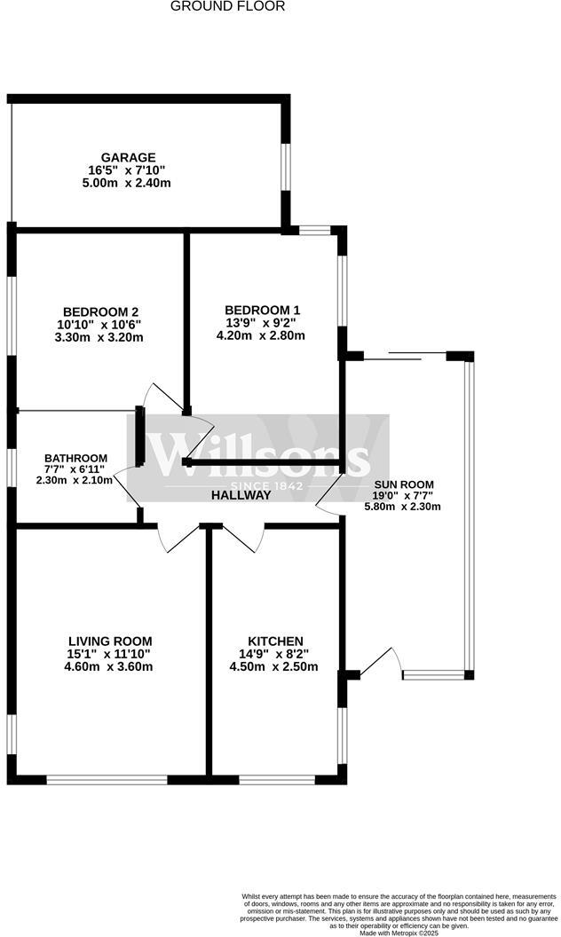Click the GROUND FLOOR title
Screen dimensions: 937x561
(x=228, y=6)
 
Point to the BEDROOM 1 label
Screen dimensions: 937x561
(x=263, y=310)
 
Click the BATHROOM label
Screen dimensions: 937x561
(x=76, y=458)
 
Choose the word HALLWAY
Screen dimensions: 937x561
(x=241, y=495)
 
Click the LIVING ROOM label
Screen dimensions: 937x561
(x=110, y=641)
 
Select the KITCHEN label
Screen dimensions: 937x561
(x=276, y=641)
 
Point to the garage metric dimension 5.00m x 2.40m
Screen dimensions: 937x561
(x=125, y=183)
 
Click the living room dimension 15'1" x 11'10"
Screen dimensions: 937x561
(x=110, y=654)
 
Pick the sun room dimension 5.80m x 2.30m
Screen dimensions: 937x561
(x=403, y=507)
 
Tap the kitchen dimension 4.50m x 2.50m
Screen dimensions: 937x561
(x=276, y=667)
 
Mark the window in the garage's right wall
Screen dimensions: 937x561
(x=286, y=166)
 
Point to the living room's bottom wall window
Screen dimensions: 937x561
(x=107, y=780)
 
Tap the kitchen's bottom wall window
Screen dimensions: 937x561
(x=277, y=780)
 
